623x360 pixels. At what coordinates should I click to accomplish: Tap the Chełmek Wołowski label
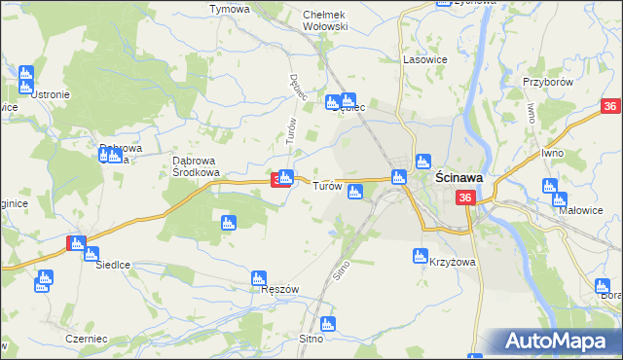tap(325, 20)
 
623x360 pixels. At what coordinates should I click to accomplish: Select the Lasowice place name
tap(423, 59)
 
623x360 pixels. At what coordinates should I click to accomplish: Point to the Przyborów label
tap(546, 83)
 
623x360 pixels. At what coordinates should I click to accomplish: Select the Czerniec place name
tap(80, 338)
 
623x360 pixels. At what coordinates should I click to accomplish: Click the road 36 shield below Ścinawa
tap(465, 198)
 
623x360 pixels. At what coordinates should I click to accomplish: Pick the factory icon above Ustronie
tap(25, 74)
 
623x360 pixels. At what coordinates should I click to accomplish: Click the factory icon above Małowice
tap(549, 187)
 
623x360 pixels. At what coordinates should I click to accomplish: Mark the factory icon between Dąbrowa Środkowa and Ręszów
tap(229, 223)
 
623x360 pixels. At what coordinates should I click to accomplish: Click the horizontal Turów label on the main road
tap(327, 186)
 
